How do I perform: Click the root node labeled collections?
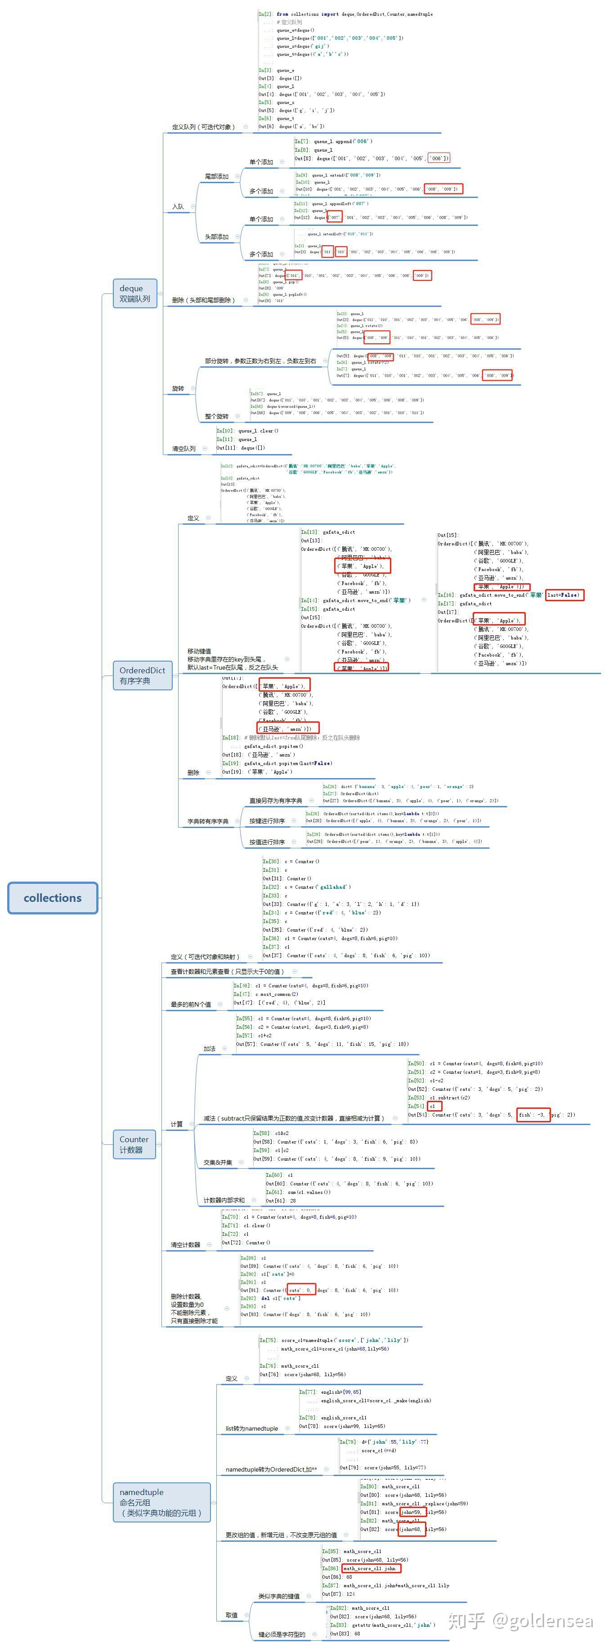point(53,897)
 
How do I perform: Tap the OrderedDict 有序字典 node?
point(142,675)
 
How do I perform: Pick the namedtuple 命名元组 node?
point(161,1502)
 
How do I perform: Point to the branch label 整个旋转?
point(216,416)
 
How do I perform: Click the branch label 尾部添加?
point(216,176)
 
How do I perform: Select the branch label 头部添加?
point(216,237)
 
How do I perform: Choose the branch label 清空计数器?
point(185,1245)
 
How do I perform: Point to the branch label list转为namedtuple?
point(251,1428)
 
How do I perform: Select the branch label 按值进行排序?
point(267,842)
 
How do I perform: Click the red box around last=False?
point(564,595)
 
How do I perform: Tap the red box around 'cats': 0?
point(300,1290)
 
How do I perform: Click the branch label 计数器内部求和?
point(224,1200)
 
